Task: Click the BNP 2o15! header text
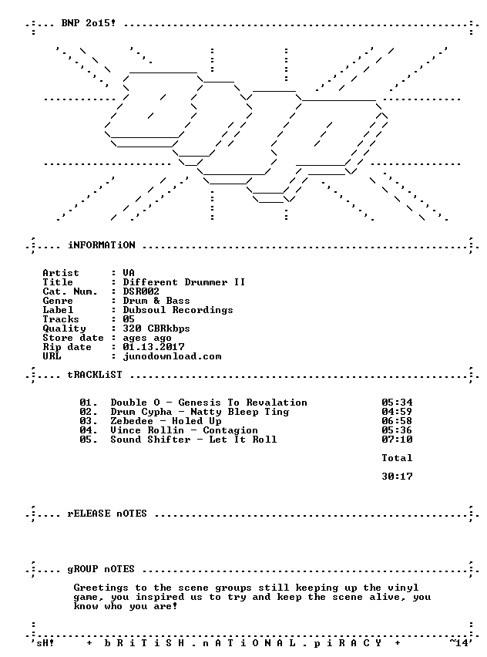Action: [x=89, y=23]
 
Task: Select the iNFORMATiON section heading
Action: [x=102, y=245]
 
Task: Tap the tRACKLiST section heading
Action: [x=95, y=375]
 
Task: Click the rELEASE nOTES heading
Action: [x=107, y=514]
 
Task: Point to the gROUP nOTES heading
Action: [x=102, y=569]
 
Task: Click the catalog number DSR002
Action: [x=141, y=291]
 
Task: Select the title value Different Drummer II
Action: [x=184, y=282]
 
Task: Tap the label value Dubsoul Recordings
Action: [x=178, y=310]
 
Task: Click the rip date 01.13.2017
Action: [x=153, y=347]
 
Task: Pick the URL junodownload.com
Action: [x=172, y=356]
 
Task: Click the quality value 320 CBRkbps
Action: [x=156, y=328]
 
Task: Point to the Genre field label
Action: [x=58, y=301]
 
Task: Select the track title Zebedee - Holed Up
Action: [x=166, y=421]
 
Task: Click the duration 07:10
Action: [x=397, y=440]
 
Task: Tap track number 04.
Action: [x=89, y=430]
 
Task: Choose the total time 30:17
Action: [x=397, y=477]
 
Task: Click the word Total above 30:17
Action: [x=397, y=458]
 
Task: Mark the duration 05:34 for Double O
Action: [x=397, y=403]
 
